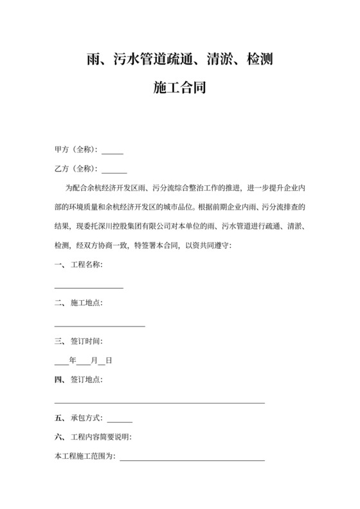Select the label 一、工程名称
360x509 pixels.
coord(78,265)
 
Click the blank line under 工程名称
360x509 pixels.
coord(89,287)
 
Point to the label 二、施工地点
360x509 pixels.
coord(78,303)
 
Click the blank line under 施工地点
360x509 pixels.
coord(100,326)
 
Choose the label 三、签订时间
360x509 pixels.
coord(78,341)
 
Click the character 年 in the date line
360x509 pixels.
coord(72,361)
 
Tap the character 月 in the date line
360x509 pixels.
coord(94,361)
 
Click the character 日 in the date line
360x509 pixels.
coord(109,361)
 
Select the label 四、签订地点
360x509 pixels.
coord(78,380)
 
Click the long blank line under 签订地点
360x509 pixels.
coord(159,402)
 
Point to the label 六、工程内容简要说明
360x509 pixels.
coord(93,438)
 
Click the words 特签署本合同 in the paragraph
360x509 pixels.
coord(154,246)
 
